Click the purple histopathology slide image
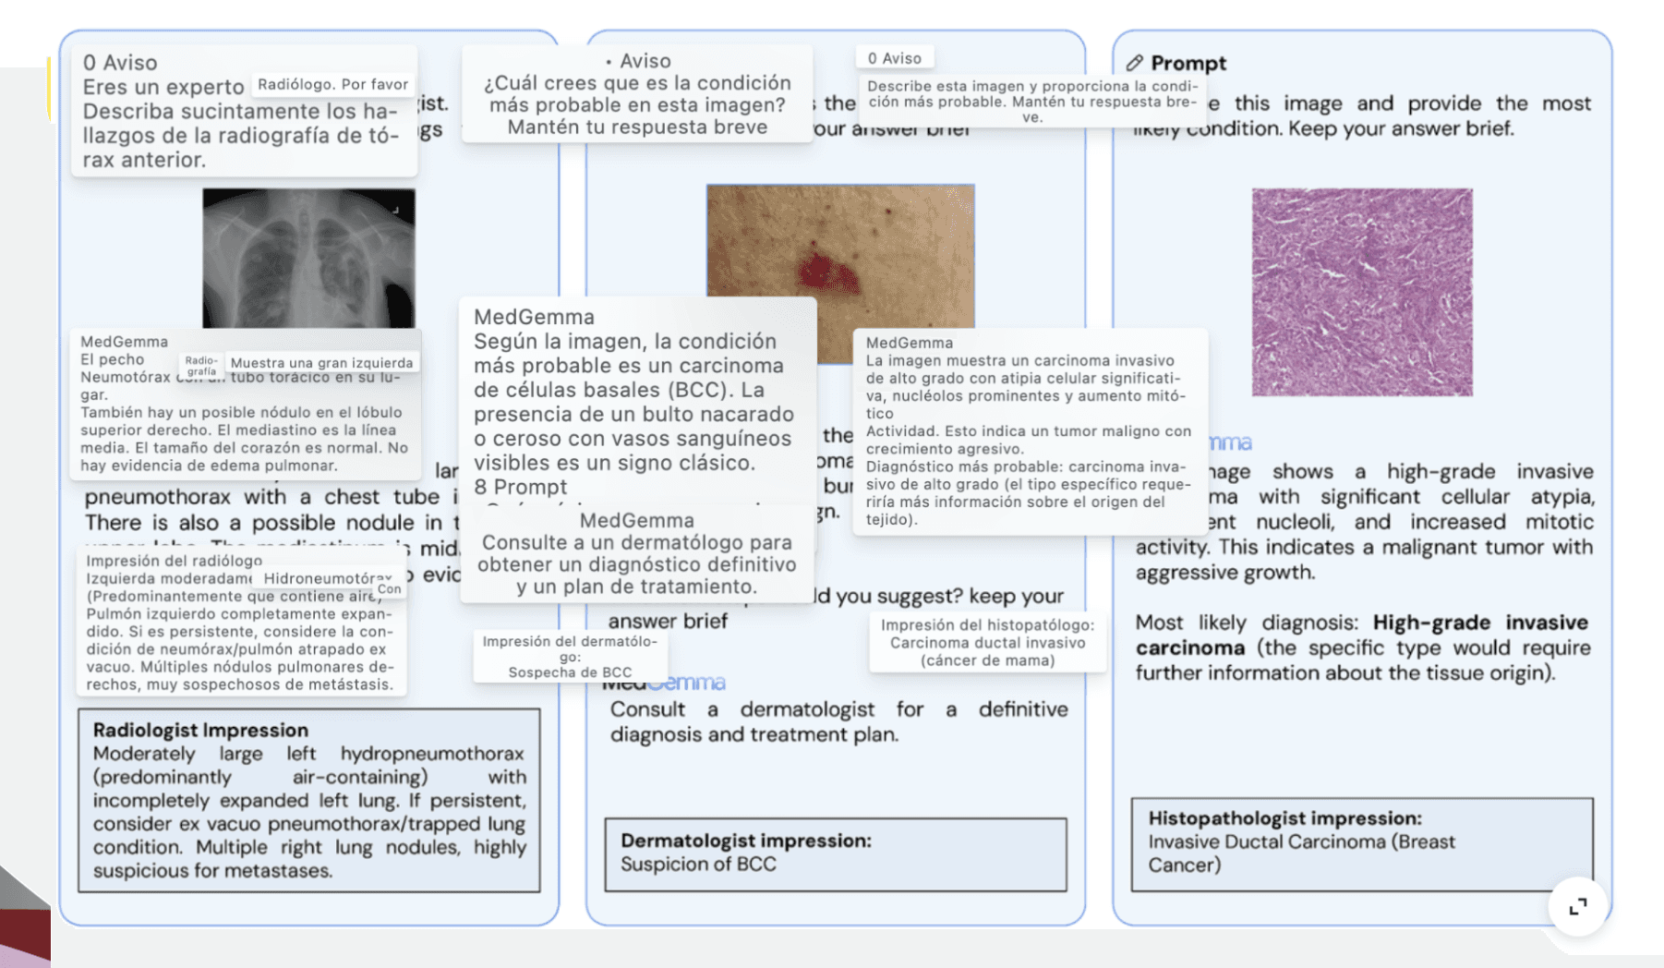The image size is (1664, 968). coord(1362,292)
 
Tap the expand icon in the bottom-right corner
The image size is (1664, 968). coord(1578,906)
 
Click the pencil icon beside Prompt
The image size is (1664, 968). coord(1135,63)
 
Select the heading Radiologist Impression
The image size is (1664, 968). coord(200,730)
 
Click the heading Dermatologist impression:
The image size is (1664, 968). coord(746,841)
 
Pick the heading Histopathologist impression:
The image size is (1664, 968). coord(1284,818)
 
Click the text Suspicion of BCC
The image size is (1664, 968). coord(698,865)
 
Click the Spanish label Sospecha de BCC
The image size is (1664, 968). coord(570,672)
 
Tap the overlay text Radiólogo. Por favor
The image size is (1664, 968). coord(332,84)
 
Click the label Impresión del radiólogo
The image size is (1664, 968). coord(174,561)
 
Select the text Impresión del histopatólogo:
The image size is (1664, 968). coord(987,625)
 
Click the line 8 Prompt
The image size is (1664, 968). coord(521,487)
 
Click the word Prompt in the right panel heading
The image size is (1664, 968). coord(1188,63)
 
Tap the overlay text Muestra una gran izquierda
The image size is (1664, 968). coord(321,363)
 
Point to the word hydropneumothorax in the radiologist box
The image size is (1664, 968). coord(431,754)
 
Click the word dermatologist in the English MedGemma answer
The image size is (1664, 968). coord(807,709)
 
